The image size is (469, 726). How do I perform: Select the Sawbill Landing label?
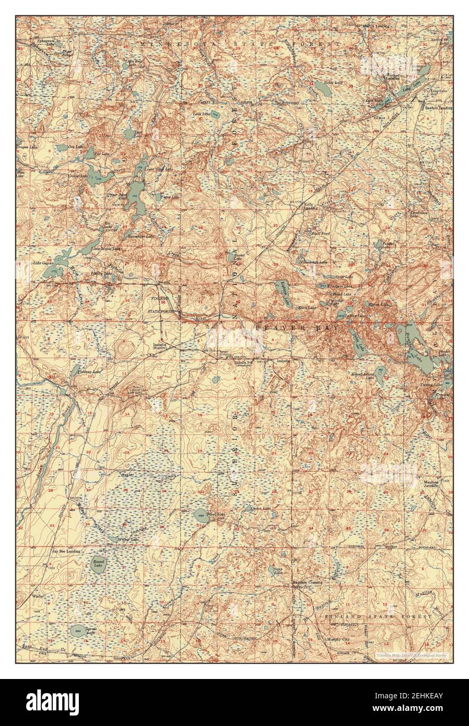[x=439, y=108]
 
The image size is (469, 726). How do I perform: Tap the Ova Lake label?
[x=75, y=147]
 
